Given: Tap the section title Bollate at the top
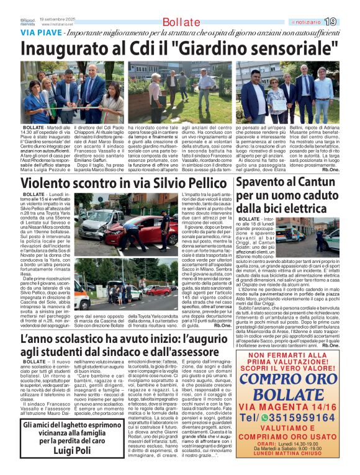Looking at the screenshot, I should point(181,22).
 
